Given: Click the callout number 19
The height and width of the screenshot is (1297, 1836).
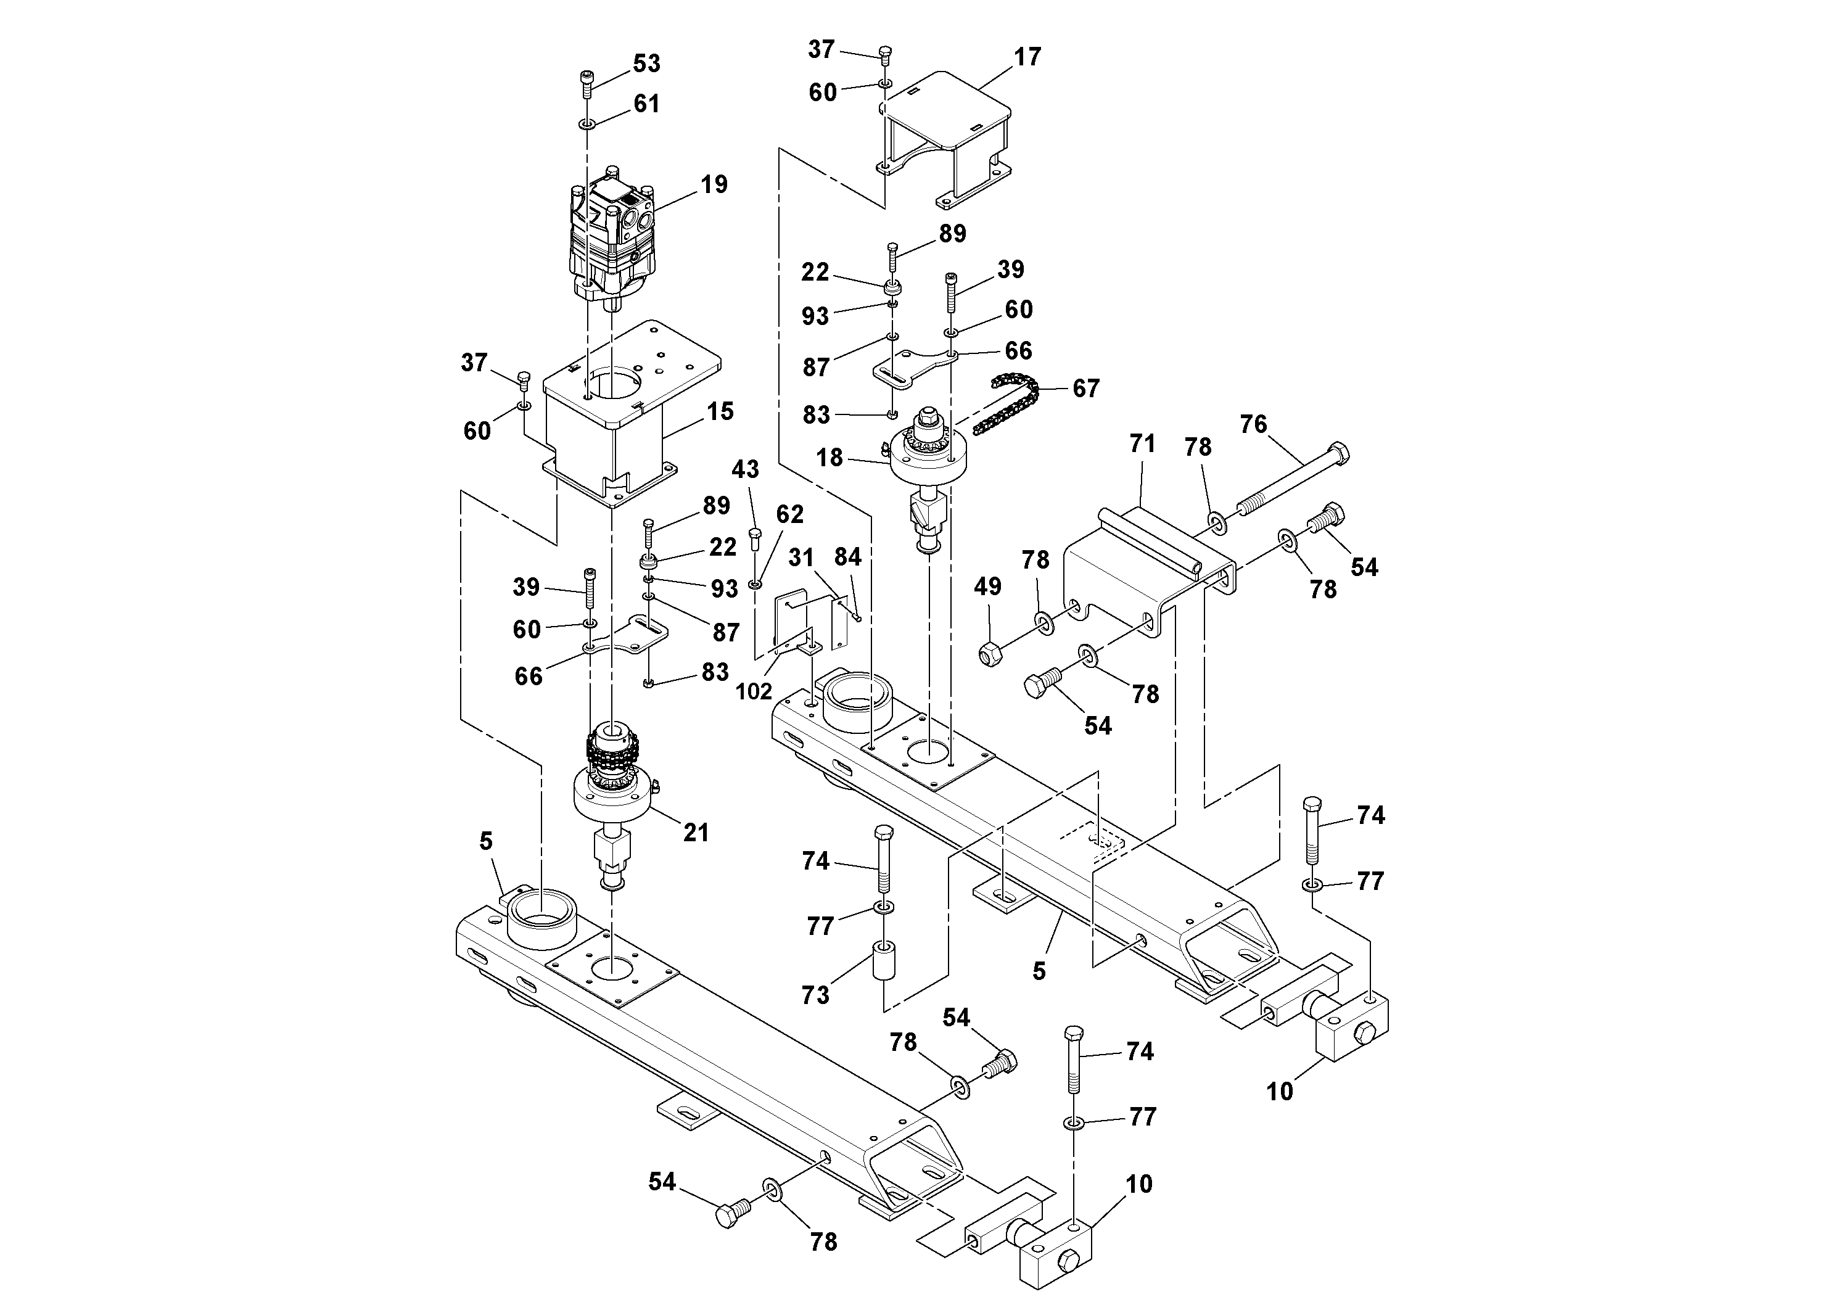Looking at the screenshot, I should pos(714,185).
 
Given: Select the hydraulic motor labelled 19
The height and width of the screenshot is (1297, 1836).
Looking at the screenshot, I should pos(612,240).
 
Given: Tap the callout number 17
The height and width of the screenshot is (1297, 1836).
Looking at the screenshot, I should pos(1027,57).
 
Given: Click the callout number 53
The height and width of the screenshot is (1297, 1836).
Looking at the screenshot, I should pos(646,64).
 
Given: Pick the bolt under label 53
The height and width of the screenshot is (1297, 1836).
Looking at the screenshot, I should pos(586,84).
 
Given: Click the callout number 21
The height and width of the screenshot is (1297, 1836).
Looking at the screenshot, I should pos(696,833).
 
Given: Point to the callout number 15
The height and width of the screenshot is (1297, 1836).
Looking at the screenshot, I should pos(720,412).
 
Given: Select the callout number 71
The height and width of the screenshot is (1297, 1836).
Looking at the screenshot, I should pos(1142,444).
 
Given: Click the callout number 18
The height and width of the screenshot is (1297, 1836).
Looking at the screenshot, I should pos(829,458).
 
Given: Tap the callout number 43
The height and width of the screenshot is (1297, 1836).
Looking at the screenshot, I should pos(745,469).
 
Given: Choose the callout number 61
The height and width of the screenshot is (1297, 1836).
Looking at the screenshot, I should pos(646,104).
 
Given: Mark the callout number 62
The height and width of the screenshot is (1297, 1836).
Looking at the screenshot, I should pos(789,514).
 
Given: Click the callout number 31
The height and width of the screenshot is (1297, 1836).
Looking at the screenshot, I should pos(801,558).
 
